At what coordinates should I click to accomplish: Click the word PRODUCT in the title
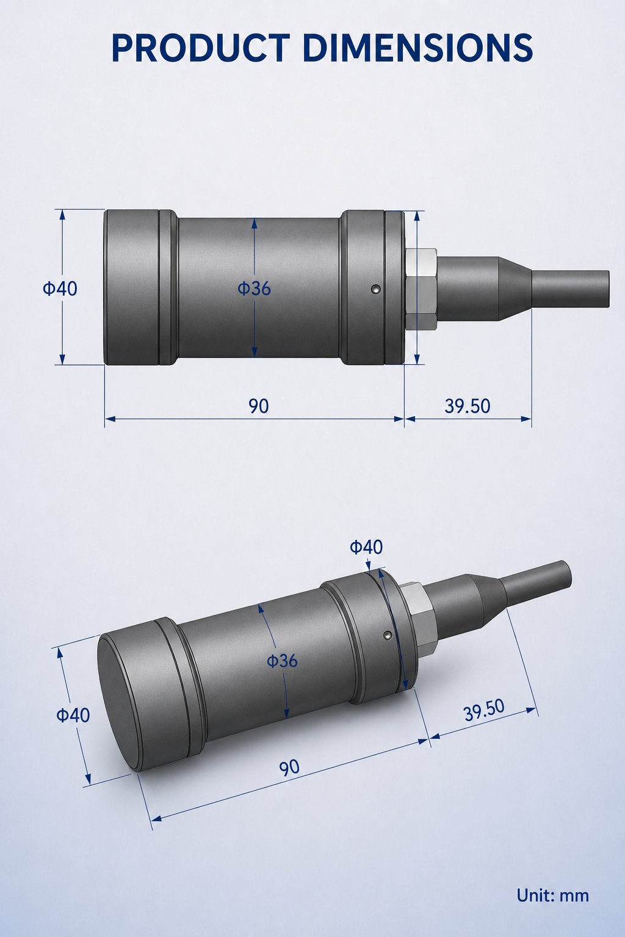(x=201, y=48)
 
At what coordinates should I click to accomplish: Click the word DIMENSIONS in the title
(x=417, y=48)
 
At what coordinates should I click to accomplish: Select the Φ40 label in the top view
(x=60, y=289)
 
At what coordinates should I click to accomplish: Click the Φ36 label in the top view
(x=254, y=288)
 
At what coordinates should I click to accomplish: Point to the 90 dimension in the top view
(x=259, y=406)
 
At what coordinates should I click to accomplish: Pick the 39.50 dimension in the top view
(x=467, y=406)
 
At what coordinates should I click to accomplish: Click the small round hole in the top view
(x=376, y=289)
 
